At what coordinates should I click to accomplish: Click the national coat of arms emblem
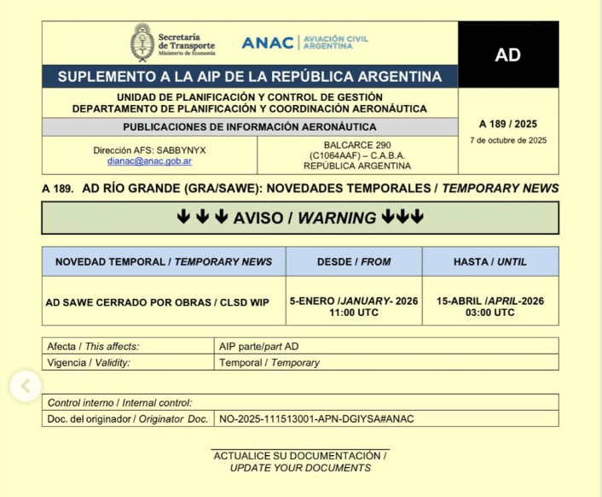pyautogui.click(x=142, y=42)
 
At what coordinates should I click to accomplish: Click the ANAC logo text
pyautogui.click(x=267, y=43)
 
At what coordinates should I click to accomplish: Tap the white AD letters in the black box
pyautogui.click(x=508, y=56)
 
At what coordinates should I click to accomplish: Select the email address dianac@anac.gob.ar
pyautogui.click(x=149, y=161)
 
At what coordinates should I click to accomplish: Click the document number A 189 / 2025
pyautogui.click(x=508, y=123)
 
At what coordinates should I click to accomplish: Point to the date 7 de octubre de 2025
pyautogui.click(x=508, y=140)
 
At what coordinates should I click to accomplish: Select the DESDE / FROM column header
pyautogui.click(x=354, y=261)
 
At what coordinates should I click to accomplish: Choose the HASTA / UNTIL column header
pyautogui.click(x=490, y=261)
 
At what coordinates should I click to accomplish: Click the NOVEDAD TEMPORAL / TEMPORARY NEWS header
pyautogui.click(x=164, y=261)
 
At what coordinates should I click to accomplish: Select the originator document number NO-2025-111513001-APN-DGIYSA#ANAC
pyautogui.click(x=316, y=418)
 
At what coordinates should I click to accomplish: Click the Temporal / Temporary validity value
pyautogui.click(x=269, y=362)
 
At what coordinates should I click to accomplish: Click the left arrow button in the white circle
pyautogui.click(x=26, y=386)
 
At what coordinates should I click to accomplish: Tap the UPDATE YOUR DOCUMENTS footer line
pyautogui.click(x=300, y=468)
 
